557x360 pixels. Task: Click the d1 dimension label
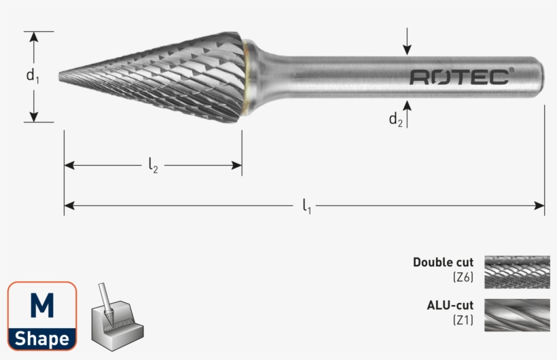tap(33, 76)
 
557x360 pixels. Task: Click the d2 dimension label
tap(395, 120)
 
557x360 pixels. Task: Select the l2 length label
tap(153, 165)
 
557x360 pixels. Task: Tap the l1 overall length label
tap(306, 205)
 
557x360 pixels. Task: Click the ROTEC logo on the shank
tap(459, 77)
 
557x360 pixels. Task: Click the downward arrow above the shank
tap(407, 44)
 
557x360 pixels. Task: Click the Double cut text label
tap(443, 262)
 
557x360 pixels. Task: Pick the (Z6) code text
tap(463, 276)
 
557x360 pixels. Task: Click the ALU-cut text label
tap(450, 305)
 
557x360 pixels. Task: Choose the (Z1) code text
tap(463, 319)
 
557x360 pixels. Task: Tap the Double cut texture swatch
tap(516, 270)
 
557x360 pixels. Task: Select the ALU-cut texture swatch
tap(516, 314)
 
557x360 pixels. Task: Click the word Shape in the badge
tap(42, 338)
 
